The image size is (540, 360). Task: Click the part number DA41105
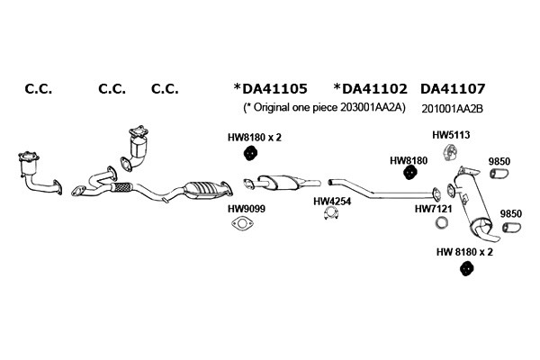coord(274,89)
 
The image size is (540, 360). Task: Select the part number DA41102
coord(374,89)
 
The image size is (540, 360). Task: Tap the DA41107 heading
coord(453,89)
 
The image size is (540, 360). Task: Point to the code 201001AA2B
coord(452,109)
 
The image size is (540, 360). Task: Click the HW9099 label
coord(247,209)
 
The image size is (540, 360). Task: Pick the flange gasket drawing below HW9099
coord(242,223)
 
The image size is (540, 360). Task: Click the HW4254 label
coord(332,202)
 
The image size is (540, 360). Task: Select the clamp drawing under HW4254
coord(331,214)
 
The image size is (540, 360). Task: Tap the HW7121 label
coord(433,209)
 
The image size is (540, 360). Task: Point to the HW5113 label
coord(451,135)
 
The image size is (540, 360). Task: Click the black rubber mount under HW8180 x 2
coord(251,153)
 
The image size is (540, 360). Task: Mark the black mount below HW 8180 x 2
coord(466,269)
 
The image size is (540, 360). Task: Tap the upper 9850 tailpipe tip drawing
coord(499,174)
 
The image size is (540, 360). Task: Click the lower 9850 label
coord(510,214)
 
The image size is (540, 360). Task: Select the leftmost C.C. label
coord(39,89)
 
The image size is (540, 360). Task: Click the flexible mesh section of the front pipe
coord(121,187)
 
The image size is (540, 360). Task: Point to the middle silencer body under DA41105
coord(283,182)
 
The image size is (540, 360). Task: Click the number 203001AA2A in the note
coord(373,108)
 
